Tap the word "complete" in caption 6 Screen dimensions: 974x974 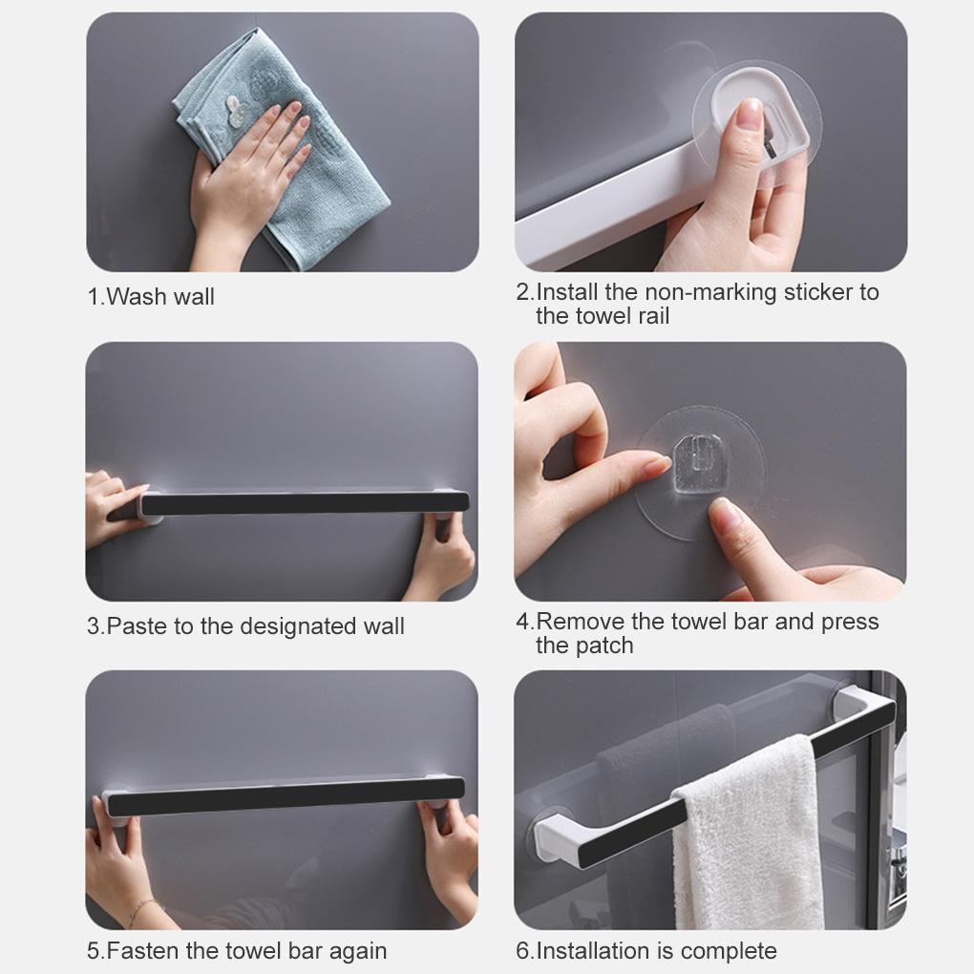tap(730, 951)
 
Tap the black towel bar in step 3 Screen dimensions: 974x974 tap(306, 503)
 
